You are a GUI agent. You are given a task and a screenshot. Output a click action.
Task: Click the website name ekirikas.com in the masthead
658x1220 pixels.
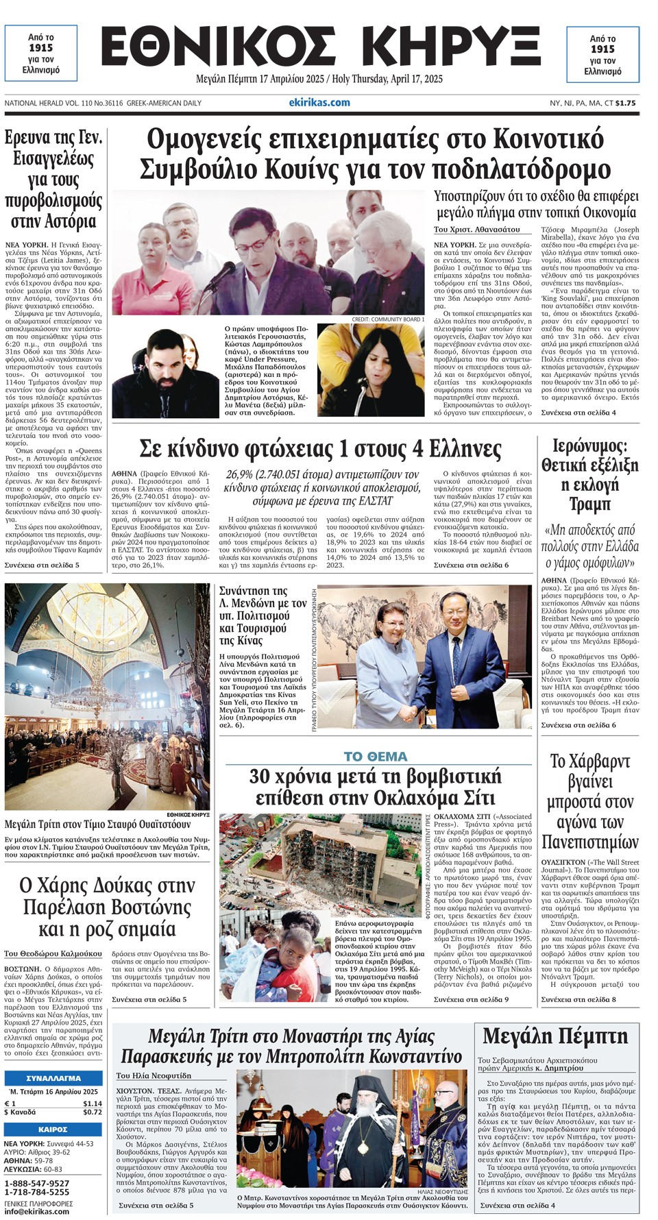pos(319,103)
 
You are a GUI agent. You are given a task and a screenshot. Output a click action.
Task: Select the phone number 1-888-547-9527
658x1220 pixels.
pos(37,1184)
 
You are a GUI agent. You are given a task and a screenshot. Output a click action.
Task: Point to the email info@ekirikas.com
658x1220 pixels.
pos(37,1211)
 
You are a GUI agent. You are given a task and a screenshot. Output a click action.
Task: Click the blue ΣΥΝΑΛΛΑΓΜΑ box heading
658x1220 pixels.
pos(53,1078)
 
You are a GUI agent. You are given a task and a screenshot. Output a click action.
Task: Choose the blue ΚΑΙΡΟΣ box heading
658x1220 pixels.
pos(53,1130)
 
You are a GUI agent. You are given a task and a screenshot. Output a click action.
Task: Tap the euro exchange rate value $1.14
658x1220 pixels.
pos(92,1103)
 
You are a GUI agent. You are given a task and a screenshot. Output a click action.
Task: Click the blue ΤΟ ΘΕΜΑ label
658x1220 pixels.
pos(375,757)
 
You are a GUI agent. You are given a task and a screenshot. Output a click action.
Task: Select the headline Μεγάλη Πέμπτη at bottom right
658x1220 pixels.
pos(555,1036)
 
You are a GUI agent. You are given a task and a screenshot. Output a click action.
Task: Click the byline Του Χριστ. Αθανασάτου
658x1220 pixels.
pos(477,229)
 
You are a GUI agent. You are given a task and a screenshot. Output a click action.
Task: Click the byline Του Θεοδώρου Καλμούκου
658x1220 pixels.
pos(53,953)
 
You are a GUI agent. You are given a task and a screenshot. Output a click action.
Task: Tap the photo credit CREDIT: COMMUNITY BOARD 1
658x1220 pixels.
pos(388,319)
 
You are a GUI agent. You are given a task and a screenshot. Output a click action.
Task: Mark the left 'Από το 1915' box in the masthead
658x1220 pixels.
pos(41,54)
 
